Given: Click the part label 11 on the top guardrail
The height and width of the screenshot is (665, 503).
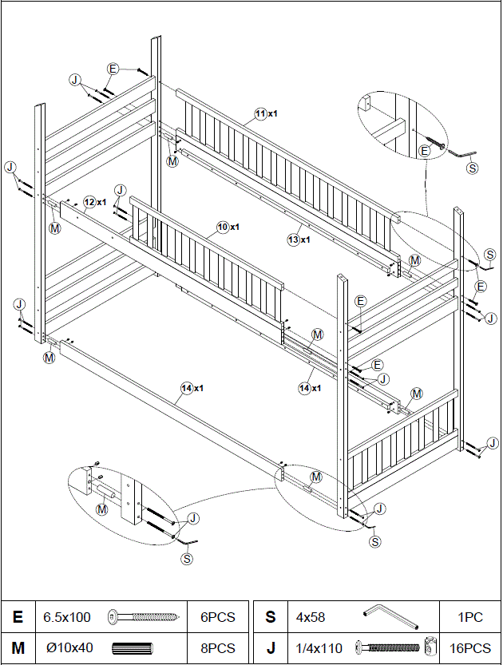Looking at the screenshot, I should pos(261,114).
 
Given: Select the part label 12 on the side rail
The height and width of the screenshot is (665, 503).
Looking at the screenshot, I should pos(90,202).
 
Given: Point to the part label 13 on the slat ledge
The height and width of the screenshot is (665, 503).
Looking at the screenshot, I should pos(294,239).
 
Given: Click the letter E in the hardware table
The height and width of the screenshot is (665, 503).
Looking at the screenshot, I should pos(18,617).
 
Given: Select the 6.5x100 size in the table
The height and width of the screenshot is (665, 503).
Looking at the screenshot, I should pos(68,617).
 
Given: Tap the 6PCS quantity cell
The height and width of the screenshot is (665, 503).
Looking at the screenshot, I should pos(218,617).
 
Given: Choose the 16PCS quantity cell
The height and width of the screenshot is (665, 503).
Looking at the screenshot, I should pos(470,647).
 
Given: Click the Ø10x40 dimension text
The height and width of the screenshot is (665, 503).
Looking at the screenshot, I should pos(69,647).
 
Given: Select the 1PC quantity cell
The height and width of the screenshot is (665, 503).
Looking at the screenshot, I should pos(470,617).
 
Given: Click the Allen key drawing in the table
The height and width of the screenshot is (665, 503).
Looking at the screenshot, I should pos(390,616).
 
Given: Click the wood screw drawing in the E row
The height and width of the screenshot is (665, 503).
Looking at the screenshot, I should pos(141,617).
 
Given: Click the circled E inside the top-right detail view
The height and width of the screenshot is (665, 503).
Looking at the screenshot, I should pos(425,149).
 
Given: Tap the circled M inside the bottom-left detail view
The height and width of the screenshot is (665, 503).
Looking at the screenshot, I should pos(102,509).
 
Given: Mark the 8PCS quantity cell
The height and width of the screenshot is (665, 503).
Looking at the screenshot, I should pos(218,647).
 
